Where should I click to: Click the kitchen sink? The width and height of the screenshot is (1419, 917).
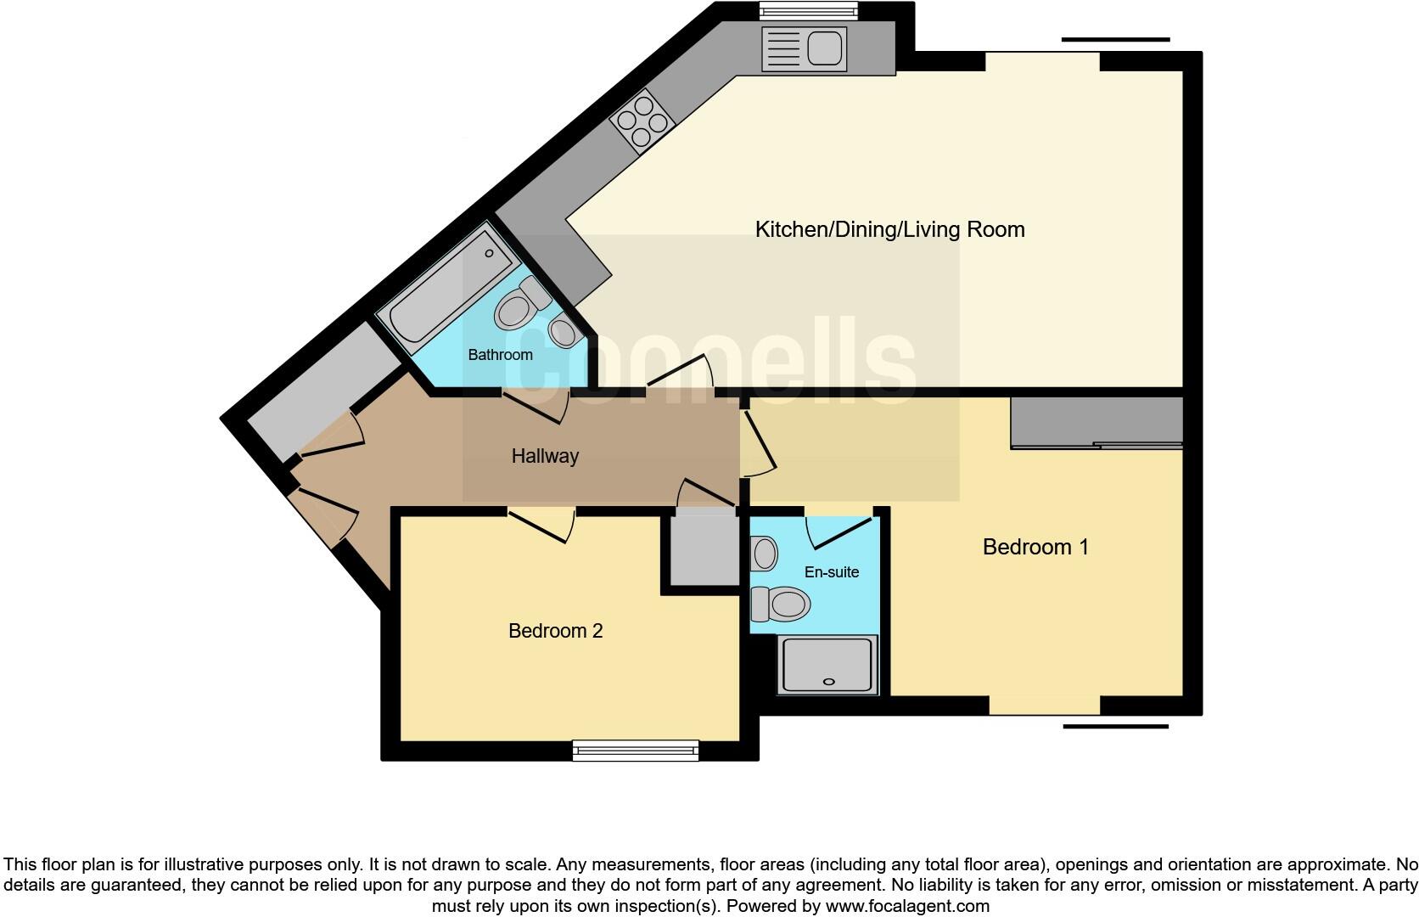(x=805, y=48)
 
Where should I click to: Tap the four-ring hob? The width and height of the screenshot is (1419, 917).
(x=642, y=120)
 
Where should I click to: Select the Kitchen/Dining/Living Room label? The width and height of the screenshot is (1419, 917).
(x=889, y=229)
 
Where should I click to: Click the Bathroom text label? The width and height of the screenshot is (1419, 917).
(x=500, y=355)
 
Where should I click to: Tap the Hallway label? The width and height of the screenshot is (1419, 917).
(x=545, y=456)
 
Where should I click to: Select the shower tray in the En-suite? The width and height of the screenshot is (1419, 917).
(x=827, y=664)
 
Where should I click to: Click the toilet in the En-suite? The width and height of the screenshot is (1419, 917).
(x=781, y=604)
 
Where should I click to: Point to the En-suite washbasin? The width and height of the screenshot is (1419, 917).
(x=764, y=554)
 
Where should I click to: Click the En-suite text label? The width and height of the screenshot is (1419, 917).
(x=832, y=572)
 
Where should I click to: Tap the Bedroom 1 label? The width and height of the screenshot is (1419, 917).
(x=1035, y=547)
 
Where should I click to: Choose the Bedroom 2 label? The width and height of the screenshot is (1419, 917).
(x=555, y=631)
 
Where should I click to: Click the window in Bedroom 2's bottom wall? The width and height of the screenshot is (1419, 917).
(x=636, y=750)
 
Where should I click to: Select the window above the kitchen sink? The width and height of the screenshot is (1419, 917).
(x=807, y=10)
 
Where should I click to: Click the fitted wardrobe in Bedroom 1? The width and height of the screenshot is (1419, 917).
(x=1096, y=422)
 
